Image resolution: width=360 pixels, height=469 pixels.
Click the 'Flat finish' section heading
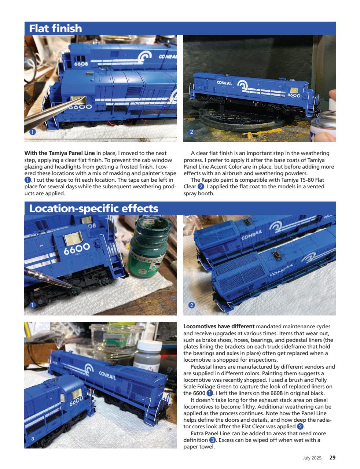coord(55,29)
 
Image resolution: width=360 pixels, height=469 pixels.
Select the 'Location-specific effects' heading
coord(93,208)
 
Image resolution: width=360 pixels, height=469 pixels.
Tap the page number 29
coord(332,457)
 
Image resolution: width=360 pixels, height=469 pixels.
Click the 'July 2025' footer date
coord(312,458)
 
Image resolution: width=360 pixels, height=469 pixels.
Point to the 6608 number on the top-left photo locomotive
coord(81,64)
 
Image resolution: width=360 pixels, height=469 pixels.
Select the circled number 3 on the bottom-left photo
coord(32,439)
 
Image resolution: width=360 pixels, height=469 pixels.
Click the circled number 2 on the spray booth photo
coord(191,132)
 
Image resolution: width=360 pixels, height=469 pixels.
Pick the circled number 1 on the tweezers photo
coord(32,132)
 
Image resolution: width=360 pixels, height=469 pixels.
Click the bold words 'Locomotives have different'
coord(219,326)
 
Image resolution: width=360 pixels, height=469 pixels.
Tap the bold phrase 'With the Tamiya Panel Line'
coord(59,153)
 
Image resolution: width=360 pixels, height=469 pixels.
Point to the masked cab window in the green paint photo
coord(75,239)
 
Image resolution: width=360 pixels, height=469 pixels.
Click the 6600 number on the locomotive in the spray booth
coord(294,95)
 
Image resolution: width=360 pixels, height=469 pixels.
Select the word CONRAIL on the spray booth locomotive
coord(224,83)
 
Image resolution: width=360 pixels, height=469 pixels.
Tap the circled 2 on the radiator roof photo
coord(191,305)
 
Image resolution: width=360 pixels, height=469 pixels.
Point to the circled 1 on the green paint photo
coord(32,305)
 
